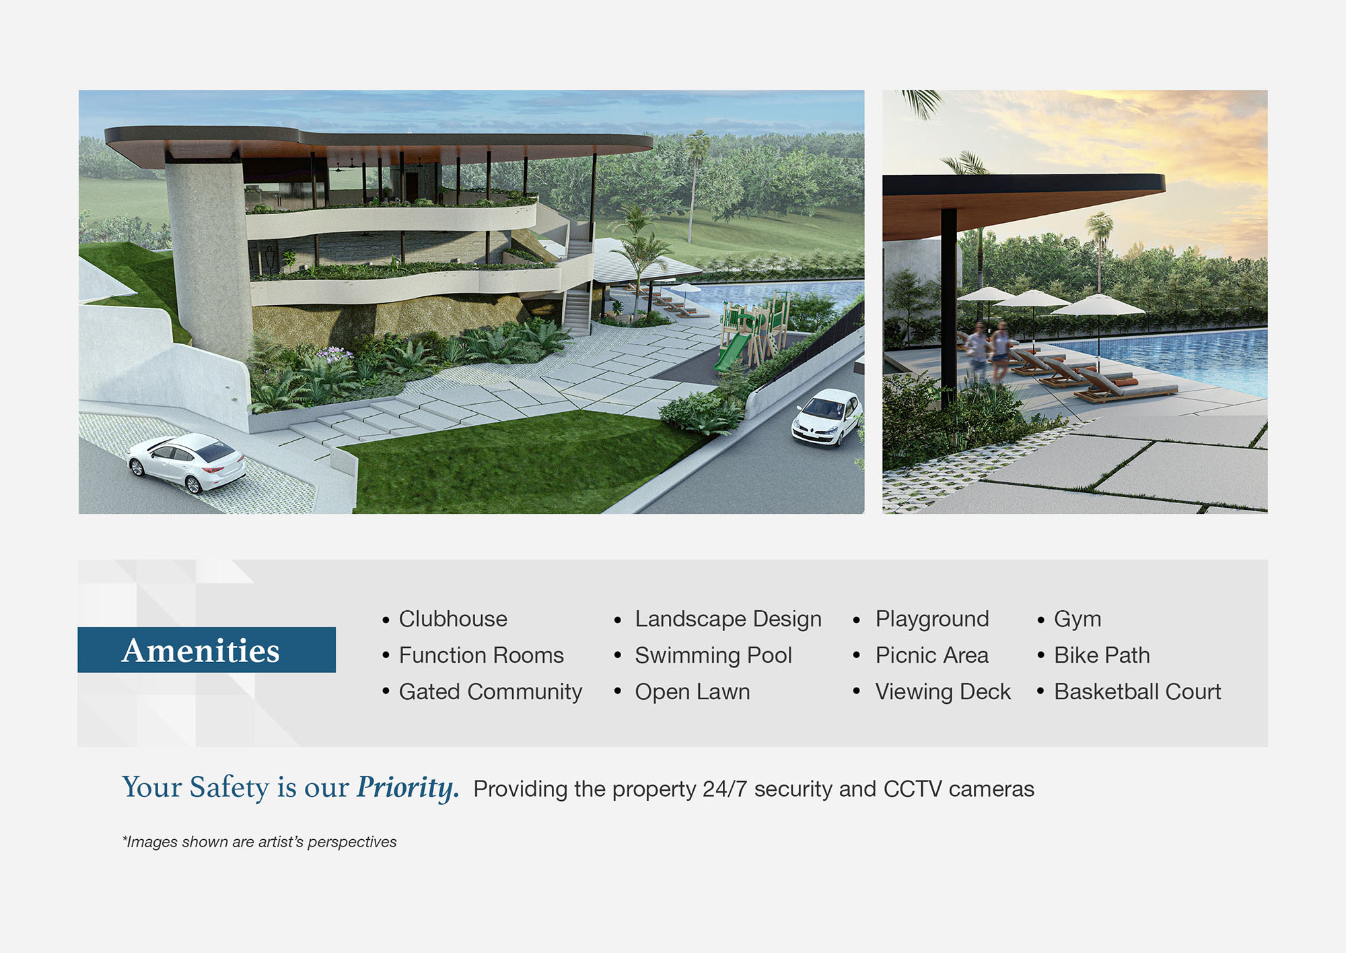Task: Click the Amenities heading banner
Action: [x=207, y=650]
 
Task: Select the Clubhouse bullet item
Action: [x=453, y=619]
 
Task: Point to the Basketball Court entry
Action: [x=1137, y=692]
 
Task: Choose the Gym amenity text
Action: [x=1077, y=620]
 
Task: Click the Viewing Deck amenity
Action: [x=943, y=692]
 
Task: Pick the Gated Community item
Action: [x=491, y=692]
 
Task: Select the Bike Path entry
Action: [x=1102, y=655]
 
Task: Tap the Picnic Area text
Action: [x=932, y=655]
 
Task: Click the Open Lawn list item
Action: [x=693, y=692]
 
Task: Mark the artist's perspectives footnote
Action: [x=260, y=842]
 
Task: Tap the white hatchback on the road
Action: [x=827, y=417]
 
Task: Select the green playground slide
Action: [x=731, y=352]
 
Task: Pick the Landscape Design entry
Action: [x=728, y=620]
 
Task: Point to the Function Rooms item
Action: [x=481, y=655]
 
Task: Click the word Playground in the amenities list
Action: [x=932, y=620]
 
